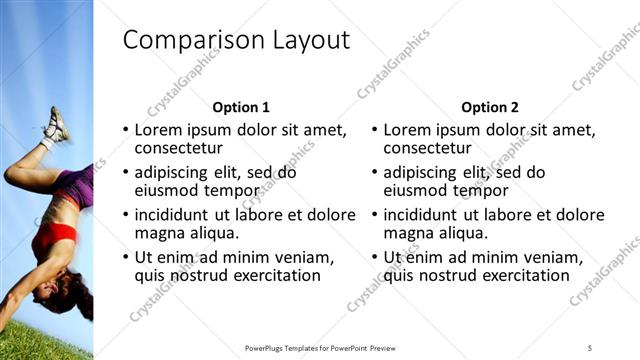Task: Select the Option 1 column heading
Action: pyautogui.click(x=241, y=107)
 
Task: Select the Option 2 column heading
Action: pyautogui.click(x=490, y=107)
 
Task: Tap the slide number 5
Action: pyautogui.click(x=590, y=347)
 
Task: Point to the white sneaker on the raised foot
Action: pyautogui.click(x=56, y=125)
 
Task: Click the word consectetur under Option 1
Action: pyautogui.click(x=179, y=148)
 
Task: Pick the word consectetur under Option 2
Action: pyautogui.click(x=428, y=148)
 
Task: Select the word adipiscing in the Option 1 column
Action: pyautogui.click(x=174, y=172)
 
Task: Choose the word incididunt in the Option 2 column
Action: pyautogui.click(x=424, y=215)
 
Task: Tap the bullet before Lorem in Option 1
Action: pyautogui.click(x=125, y=131)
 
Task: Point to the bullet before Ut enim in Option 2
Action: pyautogui.click(x=374, y=258)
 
